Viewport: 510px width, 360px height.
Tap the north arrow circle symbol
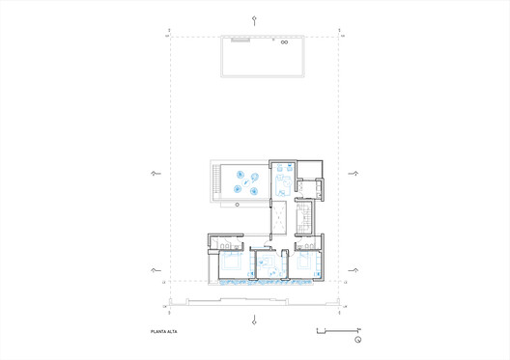[357, 340]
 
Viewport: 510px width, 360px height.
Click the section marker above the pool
[254, 19]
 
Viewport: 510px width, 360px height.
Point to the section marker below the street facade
[254, 319]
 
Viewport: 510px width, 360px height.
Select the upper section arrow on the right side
[353, 174]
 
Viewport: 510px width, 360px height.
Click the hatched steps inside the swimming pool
[240, 41]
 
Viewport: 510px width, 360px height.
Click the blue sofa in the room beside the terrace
[283, 180]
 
